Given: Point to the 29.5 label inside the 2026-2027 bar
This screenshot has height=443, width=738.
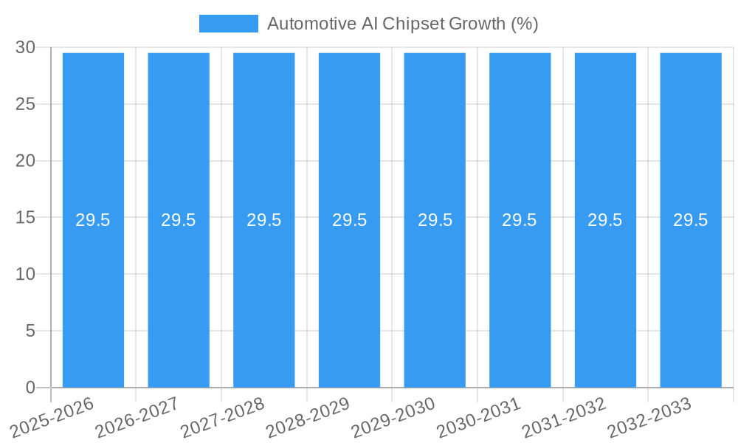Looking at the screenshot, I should [179, 220].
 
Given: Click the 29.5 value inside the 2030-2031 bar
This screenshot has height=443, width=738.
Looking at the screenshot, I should [520, 220].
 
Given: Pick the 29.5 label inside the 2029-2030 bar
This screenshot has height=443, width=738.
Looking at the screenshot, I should [435, 220].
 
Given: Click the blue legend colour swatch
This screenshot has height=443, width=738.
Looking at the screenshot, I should [229, 24].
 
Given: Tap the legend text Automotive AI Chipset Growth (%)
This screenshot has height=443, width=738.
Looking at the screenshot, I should [402, 24].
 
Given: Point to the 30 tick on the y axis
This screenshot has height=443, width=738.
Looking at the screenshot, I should [26, 48].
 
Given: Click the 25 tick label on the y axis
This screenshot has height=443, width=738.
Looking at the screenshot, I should [26, 105].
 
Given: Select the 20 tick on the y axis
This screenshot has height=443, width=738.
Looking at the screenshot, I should [26, 161].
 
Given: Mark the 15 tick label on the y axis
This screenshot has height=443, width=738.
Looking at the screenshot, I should [26, 218].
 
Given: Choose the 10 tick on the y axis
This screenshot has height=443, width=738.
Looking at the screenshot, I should [26, 275].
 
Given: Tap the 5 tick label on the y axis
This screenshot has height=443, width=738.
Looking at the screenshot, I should [30, 332].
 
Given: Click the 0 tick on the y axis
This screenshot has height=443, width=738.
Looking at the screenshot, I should [30, 388].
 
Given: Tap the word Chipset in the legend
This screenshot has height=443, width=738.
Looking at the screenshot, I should [415, 24].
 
